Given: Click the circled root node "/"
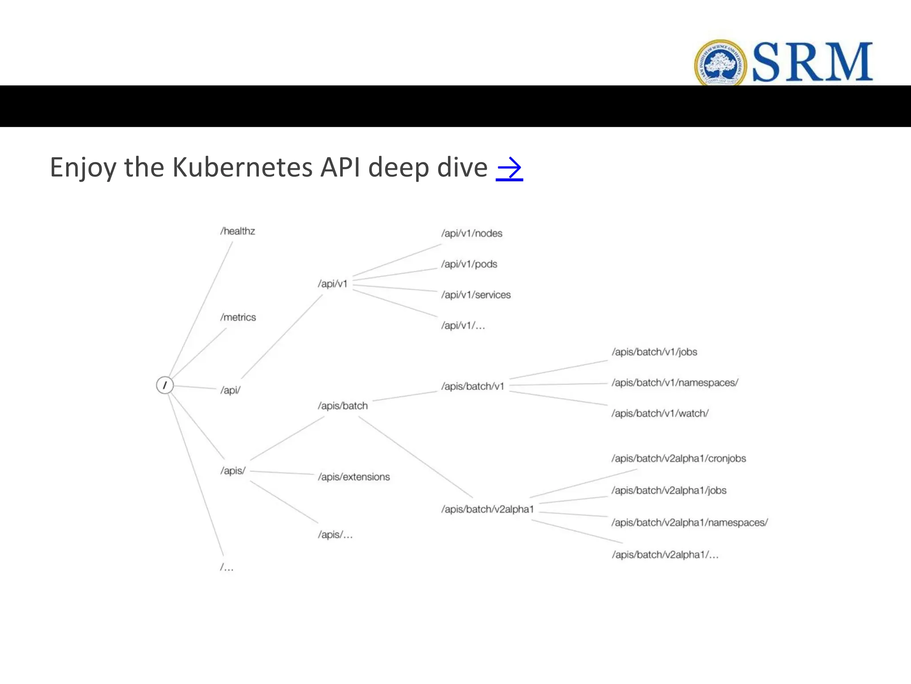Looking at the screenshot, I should point(165,385).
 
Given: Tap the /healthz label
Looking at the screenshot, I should point(238,231).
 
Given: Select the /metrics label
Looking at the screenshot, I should point(238,318).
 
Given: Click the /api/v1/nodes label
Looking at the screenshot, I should point(472,233).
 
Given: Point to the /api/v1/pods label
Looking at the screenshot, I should point(469,264).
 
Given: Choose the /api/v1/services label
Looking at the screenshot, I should point(476,295).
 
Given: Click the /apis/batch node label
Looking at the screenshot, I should point(343,406).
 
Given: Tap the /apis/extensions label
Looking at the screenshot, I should point(354,477).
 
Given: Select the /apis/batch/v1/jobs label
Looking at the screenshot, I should point(654,352).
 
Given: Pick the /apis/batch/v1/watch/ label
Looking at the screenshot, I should point(660,413).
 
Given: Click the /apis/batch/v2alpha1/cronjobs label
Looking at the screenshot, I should point(678,459).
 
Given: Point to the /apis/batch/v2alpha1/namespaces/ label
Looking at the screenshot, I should point(689,522).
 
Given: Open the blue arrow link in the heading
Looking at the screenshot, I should point(509,168).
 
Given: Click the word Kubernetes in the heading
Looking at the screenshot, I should point(242,167).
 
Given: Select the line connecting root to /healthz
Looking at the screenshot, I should point(200,309).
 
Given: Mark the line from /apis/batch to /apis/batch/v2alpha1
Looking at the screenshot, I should point(415,457).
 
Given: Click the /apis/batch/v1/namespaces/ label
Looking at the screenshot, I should point(674,383).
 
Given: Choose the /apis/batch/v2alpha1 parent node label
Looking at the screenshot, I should point(487,509).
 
